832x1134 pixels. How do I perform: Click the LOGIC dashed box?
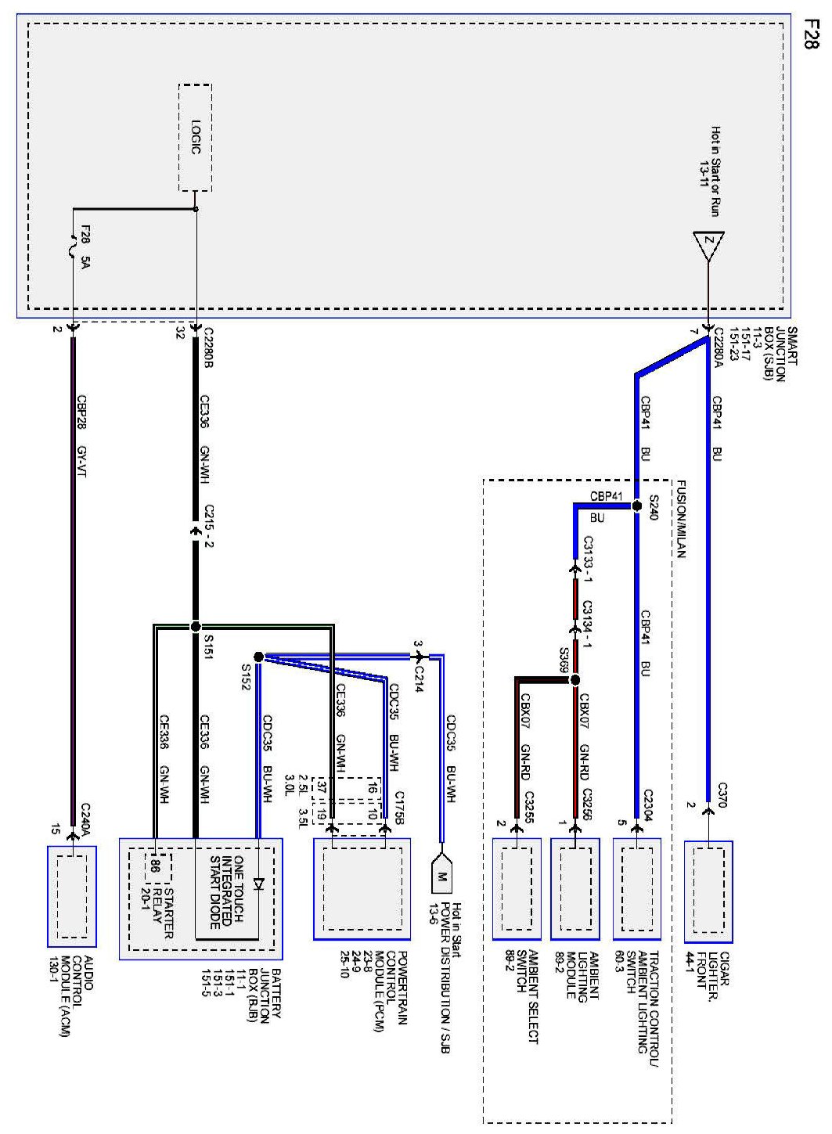point(195,137)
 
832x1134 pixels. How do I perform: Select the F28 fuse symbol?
point(74,249)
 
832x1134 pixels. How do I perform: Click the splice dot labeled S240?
point(636,506)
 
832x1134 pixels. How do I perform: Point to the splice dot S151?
point(195,626)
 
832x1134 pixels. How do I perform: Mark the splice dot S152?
point(258,656)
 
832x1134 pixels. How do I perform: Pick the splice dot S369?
point(575,680)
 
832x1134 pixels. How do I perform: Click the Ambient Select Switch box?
point(517,888)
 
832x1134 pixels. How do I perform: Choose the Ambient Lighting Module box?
point(575,888)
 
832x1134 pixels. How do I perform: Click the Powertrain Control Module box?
point(362,888)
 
